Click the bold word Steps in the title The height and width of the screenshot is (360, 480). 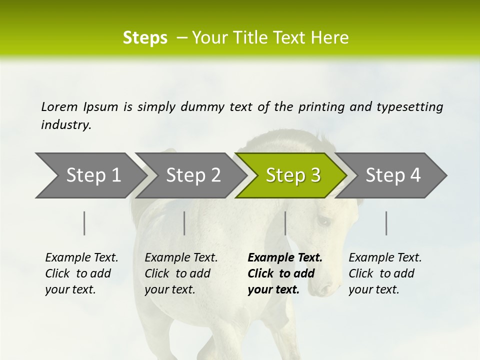(145, 38)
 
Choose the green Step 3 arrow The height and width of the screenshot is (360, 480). (293, 175)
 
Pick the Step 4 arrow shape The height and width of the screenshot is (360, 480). (393, 175)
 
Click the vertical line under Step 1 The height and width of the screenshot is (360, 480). (84, 223)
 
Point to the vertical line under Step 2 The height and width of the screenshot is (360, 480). (184, 223)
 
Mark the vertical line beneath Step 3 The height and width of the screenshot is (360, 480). (285, 223)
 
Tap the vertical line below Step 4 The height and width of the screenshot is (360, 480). (386, 223)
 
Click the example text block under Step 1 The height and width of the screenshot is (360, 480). (81, 273)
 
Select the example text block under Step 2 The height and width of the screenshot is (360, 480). (181, 273)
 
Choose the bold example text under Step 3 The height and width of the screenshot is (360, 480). (284, 273)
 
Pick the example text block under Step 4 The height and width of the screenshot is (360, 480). (385, 273)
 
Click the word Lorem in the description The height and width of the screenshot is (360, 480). (59, 107)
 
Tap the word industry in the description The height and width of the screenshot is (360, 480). (66, 125)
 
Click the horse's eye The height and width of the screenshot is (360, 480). (323, 220)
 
